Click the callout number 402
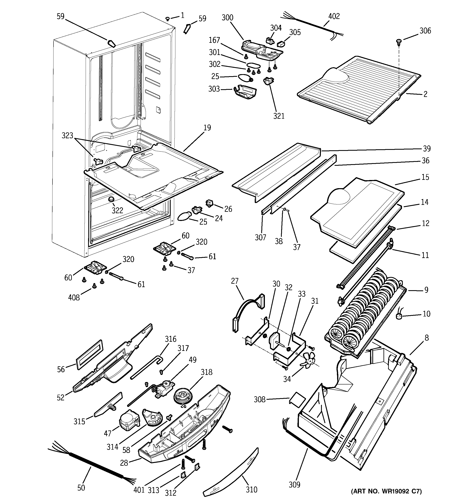point(334,16)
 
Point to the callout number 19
point(207,127)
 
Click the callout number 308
point(259,400)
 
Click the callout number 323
point(67,136)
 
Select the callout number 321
point(279,116)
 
